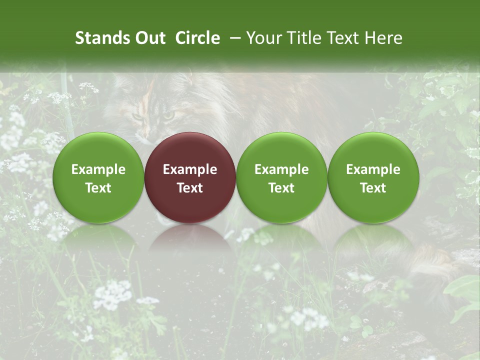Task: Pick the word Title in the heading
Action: coord(307,38)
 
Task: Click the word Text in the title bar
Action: coord(347,38)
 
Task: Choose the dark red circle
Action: coord(190,177)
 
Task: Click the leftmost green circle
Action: coord(98,177)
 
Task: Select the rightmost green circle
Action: coord(373,177)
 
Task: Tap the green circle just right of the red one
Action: coord(281,177)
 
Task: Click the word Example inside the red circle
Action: coord(190,169)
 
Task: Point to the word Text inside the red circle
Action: coord(190,188)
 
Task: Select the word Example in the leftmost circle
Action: coord(98,169)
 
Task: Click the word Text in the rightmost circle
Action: coord(373,188)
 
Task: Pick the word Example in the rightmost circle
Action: coord(373,169)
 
